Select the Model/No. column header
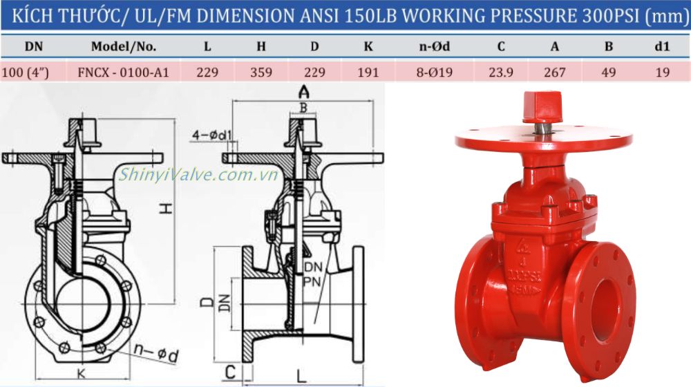click(124, 48)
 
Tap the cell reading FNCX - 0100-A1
click(124, 72)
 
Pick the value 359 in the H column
click(261, 72)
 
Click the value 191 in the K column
click(368, 72)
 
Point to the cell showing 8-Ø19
click(435, 72)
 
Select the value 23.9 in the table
click(500, 72)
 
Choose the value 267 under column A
click(554, 72)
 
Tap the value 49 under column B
click(608, 72)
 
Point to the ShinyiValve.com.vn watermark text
click(198, 175)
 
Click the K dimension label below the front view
click(82, 373)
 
